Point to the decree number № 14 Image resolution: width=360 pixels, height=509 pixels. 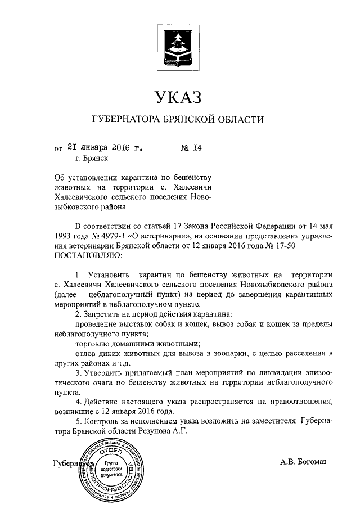click(191, 148)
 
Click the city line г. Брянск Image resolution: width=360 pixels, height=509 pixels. click(87, 159)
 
